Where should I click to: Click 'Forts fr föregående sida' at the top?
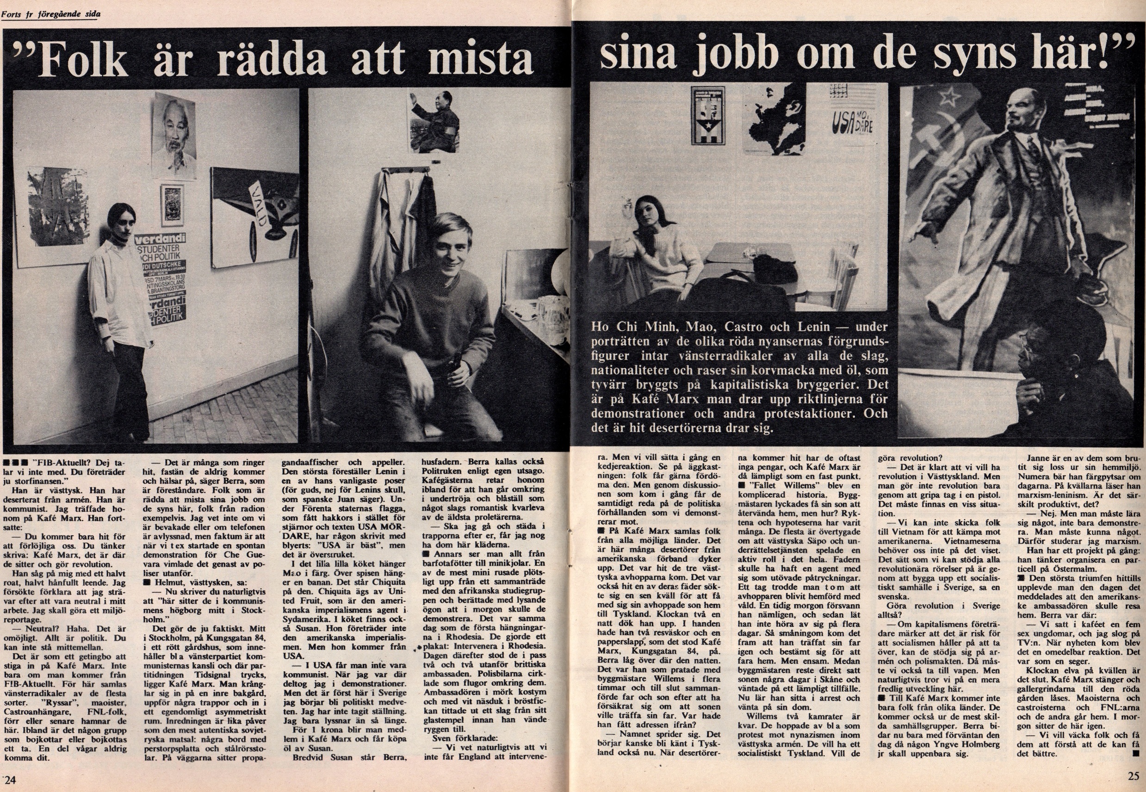(50, 14)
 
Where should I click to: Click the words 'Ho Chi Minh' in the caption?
(634, 327)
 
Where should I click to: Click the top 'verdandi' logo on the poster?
(158, 239)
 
